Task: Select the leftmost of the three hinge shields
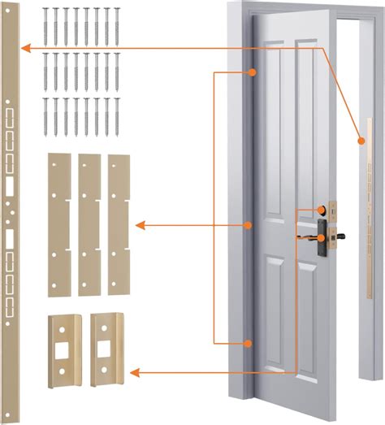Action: [58, 223]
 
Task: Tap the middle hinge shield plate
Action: [89, 223]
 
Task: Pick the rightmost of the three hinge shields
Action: [119, 223]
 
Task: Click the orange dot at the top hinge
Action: [253, 72]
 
